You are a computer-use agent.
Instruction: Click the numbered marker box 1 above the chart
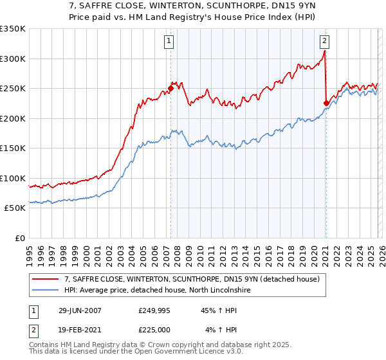[x=169, y=41]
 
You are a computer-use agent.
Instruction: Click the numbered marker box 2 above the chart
[x=324, y=41]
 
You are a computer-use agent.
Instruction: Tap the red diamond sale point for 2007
[x=171, y=88]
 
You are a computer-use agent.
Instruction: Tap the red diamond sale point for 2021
[x=326, y=103]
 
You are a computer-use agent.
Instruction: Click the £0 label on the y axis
[x=19, y=238]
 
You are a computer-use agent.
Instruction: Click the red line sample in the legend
[x=46, y=279]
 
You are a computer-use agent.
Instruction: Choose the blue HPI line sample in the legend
[x=46, y=291]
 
